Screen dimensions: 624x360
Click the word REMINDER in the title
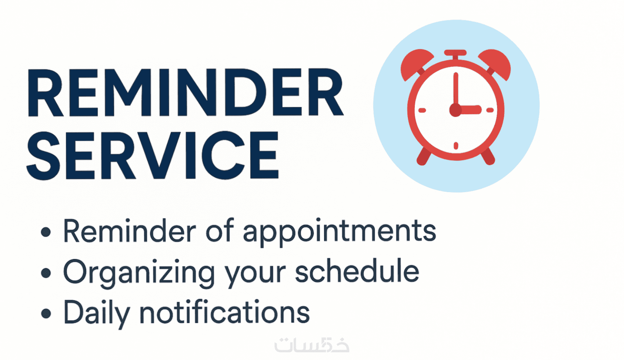coord(185,92)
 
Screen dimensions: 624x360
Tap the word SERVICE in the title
coord(153,155)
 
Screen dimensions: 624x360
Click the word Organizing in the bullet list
coord(139,273)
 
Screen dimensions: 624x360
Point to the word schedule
coord(357,270)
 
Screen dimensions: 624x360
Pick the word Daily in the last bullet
coord(97,313)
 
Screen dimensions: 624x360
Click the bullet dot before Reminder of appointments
coord(46,232)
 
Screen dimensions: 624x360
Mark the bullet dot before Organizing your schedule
coord(46,273)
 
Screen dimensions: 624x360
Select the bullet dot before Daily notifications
coord(46,313)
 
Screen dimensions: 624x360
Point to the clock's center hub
coord(456,110)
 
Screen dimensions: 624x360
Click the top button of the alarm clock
coord(455,54)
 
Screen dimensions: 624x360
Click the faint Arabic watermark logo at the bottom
coord(312,345)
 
